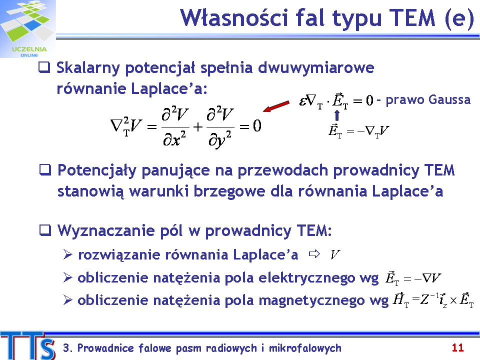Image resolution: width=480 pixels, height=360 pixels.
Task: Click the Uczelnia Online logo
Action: (x=28, y=29)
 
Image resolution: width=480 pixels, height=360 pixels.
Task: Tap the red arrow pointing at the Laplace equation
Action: (x=276, y=106)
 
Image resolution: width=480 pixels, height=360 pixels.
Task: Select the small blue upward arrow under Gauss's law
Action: (x=337, y=115)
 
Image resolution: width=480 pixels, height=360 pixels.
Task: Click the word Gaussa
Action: (x=449, y=100)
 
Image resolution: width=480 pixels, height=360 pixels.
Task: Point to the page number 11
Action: (x=457, y=348)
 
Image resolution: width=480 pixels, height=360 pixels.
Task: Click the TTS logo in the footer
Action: (x=28, y=346)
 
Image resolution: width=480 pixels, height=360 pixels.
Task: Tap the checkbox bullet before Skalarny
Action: (x=44, y=67)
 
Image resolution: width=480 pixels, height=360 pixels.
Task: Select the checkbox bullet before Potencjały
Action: (x=45, y=170)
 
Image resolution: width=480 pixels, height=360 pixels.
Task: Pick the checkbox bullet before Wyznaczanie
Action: (x=45, y=230)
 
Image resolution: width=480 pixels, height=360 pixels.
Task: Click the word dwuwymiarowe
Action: (x=316, y=67)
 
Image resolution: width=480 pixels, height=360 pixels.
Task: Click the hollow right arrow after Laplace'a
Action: (x=314, y=254)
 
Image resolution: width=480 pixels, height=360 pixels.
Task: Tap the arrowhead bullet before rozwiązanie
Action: (x=67, y=254)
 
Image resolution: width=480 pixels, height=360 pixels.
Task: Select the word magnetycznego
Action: (x=312, y=301)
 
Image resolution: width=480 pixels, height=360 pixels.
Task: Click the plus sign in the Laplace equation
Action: (x=198, y=126)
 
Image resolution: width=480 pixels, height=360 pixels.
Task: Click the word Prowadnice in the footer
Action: (x=105, y=348)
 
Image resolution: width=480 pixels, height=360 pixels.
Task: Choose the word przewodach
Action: (x=282, y=170)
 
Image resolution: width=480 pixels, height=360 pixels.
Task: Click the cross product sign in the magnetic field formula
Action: (x=453, y=301)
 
